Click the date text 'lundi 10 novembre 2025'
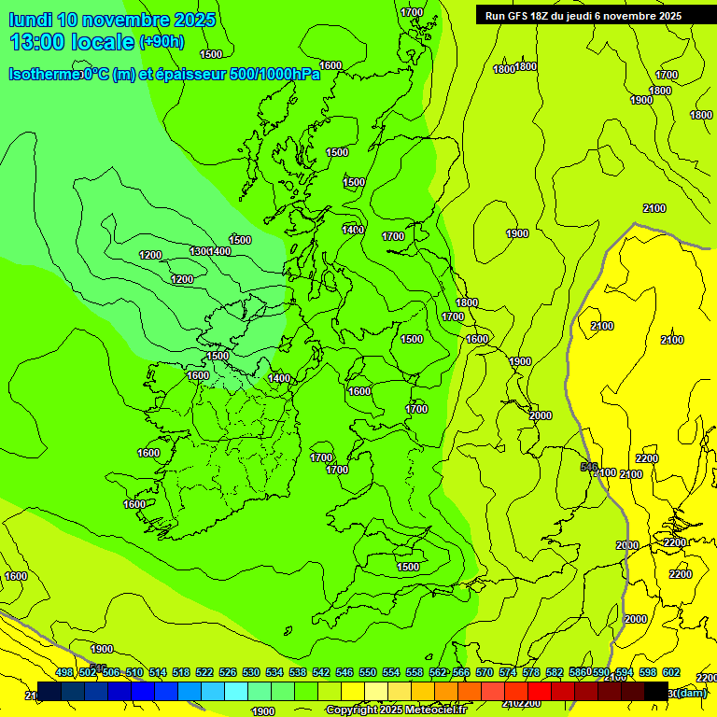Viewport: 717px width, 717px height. pos(112,20)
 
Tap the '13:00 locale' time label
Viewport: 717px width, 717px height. pos(71,42)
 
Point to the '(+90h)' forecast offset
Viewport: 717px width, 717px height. pos(162,42)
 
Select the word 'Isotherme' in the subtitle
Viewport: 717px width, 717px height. pos(44,75)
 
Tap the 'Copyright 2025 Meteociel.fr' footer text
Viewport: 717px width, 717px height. pos(396,710)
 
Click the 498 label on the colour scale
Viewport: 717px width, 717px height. pos(64,672)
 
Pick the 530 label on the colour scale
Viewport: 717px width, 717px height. pos(251,672)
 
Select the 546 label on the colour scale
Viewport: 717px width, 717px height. pos(344,672)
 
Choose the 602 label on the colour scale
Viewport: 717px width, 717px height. pos(671,672)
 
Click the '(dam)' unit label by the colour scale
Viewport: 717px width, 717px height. pos(691,692)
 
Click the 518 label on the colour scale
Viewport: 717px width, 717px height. pos(181,672)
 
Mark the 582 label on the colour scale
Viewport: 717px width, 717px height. pos(555,672)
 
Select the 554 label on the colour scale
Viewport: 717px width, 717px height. pos(391,672)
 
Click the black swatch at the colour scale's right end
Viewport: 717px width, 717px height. pos(656,691)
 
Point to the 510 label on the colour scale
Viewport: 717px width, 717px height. pos(134,672)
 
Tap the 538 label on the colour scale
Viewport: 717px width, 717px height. pos(298,672)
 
